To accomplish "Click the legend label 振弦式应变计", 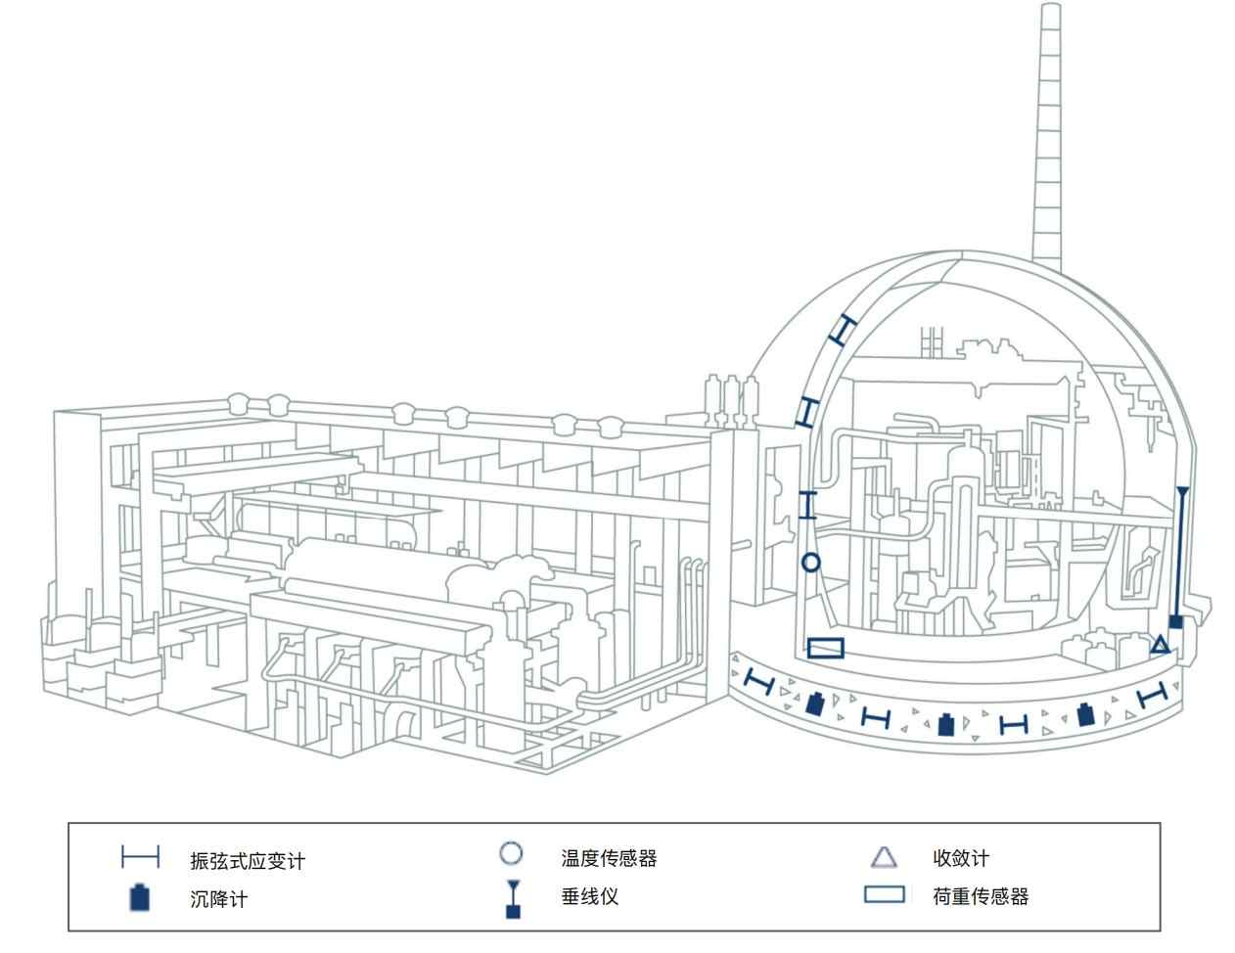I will point(248,861).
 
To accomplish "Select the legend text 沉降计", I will point(218,898).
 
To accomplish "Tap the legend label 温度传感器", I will point(609,858).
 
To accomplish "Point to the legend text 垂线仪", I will point(589,896).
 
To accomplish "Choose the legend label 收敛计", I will point(960,858).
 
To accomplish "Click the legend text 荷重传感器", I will point(980,896).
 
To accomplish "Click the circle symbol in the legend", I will point(511,853).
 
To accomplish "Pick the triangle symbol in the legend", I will point(884,858).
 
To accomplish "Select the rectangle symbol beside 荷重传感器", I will point(884,894).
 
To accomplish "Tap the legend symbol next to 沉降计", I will point(141,897).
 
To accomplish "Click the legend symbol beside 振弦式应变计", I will point(140,858).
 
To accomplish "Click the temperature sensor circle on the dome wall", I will point(810,562).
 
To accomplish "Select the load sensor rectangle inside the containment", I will point(826,648).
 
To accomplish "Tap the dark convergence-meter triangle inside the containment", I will point(1160,644).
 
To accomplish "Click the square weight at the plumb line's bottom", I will point(1176,621).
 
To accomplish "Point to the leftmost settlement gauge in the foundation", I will point(814,702).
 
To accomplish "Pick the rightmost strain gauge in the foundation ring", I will point(1154,696).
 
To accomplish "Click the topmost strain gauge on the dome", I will point(843,328).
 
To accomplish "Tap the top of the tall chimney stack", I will point(1050,8).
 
